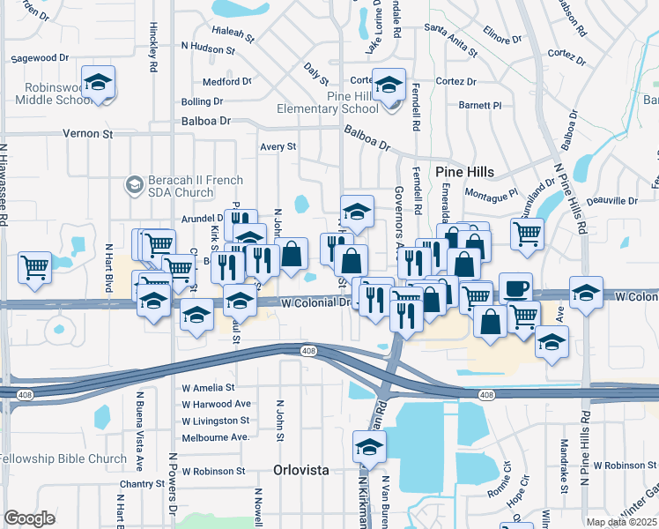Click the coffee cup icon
[x=515, y=288]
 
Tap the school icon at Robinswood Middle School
[x=99, y=83]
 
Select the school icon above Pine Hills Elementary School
[x=389, y=85]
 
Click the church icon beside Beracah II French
[x=134, y=183]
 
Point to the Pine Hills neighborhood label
[x=464, y=171]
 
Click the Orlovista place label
[x=301, y=470]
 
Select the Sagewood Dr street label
[x=40, y=58]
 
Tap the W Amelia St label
[x=209, y=387]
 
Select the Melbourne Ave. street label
[x=216, y=437]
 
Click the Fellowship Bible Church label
[x=63, y=458]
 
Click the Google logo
[x=29, y=518]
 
